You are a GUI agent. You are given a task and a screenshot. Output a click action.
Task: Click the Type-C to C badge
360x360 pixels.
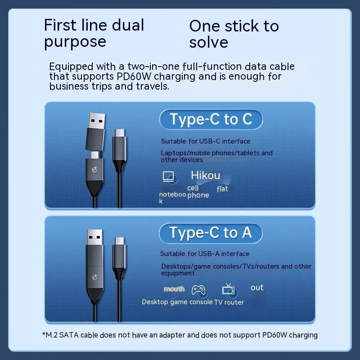[211, 119]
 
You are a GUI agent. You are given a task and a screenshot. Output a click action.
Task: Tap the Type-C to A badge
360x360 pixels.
[211, 233]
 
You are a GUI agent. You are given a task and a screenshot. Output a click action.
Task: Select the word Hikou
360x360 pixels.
[206, 175]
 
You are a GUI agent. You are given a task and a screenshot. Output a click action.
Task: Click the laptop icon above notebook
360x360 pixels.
[168, 176]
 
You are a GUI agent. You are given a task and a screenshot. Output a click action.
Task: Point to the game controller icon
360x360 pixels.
[198, 290]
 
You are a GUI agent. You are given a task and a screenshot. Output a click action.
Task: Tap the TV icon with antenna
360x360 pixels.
[228, 289]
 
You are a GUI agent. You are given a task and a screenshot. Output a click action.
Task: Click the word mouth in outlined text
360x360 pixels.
[174, 289]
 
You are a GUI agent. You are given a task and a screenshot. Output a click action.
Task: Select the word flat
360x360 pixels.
[222, 189]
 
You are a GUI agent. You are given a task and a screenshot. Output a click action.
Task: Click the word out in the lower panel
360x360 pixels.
[257, 288]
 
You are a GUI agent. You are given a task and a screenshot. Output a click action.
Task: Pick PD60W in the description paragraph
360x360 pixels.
[134, 76]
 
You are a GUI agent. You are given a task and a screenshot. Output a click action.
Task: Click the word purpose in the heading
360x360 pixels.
[75, 42]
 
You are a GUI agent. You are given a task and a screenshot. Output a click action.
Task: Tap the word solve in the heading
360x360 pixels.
[208, 42]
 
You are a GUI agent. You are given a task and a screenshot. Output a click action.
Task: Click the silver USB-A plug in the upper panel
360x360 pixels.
[97, 121]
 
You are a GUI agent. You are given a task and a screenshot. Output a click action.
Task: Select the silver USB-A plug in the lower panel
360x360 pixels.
[94, 237]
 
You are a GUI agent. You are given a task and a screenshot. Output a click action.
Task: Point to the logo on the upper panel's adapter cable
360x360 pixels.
[94, 170]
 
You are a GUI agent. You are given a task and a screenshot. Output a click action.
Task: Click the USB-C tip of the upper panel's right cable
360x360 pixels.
[120, 133]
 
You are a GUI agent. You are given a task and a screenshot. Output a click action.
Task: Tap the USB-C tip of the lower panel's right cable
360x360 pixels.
[119, 241]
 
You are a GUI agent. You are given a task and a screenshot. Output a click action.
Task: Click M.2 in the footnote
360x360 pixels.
[51, 335]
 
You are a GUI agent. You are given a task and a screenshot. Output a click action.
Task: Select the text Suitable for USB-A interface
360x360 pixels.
[205, 254]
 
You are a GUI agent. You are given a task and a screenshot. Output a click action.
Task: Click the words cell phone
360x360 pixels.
[198, 192]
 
